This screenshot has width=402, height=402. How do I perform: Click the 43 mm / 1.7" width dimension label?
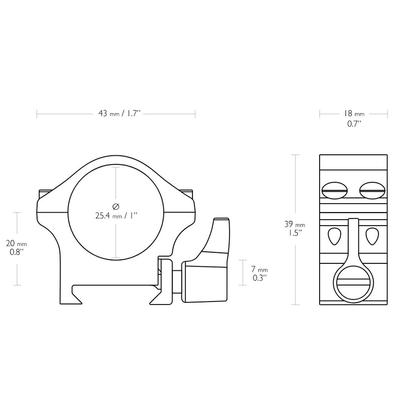(x=120, y=114)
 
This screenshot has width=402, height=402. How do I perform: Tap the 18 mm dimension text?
(x=354, y=114)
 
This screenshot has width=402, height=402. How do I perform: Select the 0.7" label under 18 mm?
(x=354, y=124)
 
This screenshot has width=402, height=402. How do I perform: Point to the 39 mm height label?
(x=295, y=224)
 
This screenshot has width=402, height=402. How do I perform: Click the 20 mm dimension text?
(x=17, y=243)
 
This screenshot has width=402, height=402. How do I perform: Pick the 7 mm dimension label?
(x=259, y=269)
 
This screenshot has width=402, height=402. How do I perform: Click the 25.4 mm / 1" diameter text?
(x=117, y=216)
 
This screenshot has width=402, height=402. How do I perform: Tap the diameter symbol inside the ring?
(x=116, y=206)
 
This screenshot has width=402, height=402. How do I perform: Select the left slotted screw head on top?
(x=334, y=190)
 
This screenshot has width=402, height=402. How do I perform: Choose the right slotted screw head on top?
(x=372, y=190)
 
